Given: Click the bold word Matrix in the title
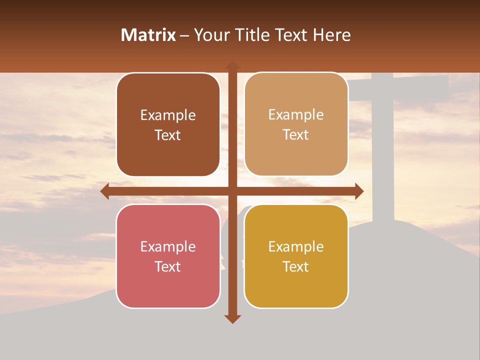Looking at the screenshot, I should pos(148,35).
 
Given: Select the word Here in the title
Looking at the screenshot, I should pos(332,35).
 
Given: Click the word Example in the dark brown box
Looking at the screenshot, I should pos(168,115).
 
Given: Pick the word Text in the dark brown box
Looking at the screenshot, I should pos(168,135).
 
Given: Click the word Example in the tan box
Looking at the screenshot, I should pos(296,115).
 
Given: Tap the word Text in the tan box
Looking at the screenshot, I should pos(296,134).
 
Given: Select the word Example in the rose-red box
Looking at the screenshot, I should pos(168,247).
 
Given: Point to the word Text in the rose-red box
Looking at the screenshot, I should pos(168,266).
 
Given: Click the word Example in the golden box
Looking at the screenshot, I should pos(296,247).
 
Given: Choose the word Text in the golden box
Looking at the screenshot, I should pos(296,266).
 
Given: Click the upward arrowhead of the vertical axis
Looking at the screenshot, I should pos(232,65).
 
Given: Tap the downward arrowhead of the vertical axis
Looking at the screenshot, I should pos(232,319).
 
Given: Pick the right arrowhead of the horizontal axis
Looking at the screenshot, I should pos(359,191).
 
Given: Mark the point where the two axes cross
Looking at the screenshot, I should pos(232,191).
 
